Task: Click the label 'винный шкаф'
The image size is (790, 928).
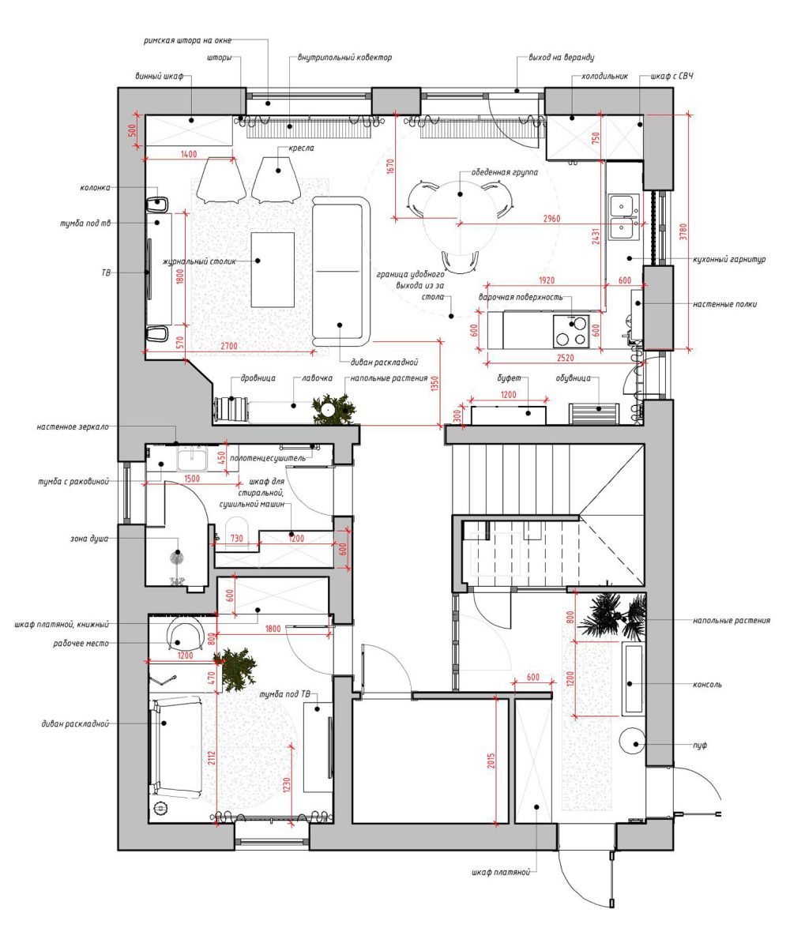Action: (x=160, y=77)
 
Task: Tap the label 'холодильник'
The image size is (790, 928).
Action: (x=604, y=77)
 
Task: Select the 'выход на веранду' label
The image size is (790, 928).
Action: (x=562, y=58)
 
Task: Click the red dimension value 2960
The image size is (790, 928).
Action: (x=551, y=219)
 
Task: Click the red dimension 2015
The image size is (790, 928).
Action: (x=491, y=761)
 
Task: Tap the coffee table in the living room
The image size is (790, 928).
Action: (x=273, y=269)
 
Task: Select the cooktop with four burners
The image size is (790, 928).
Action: (x=571, y=331)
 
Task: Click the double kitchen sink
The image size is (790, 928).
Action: (x=624, y=217)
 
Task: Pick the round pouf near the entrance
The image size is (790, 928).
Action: (x=631, y=740)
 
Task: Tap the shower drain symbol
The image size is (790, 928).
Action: (x=176, y=557)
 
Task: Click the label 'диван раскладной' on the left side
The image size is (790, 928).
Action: (x=75, y=723)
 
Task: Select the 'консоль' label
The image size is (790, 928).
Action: (x=707, y=684)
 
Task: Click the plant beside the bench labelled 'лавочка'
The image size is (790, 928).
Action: (x=334, y=408)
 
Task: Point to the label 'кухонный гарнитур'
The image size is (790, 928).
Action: (x=729, y=259)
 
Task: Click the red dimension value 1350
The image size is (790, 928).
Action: (x=434, y=384)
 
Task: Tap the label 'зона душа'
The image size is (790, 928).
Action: (x=88, y=539)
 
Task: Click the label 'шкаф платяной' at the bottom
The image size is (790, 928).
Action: (x=500, y=873)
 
